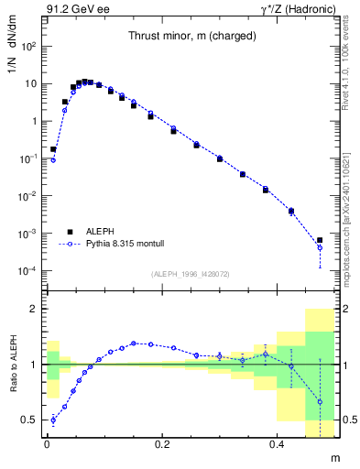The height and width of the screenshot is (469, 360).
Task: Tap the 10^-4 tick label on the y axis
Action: coord(28,271)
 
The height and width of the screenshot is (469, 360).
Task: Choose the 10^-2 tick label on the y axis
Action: coord(28,196)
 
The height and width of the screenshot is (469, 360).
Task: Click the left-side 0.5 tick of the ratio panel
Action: coord(30,420)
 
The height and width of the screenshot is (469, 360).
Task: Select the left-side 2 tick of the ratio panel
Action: coord(34,309)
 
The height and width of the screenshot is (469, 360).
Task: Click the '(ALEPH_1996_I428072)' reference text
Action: coord(189,273)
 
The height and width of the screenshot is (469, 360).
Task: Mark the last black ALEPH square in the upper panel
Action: coord(320,241)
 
